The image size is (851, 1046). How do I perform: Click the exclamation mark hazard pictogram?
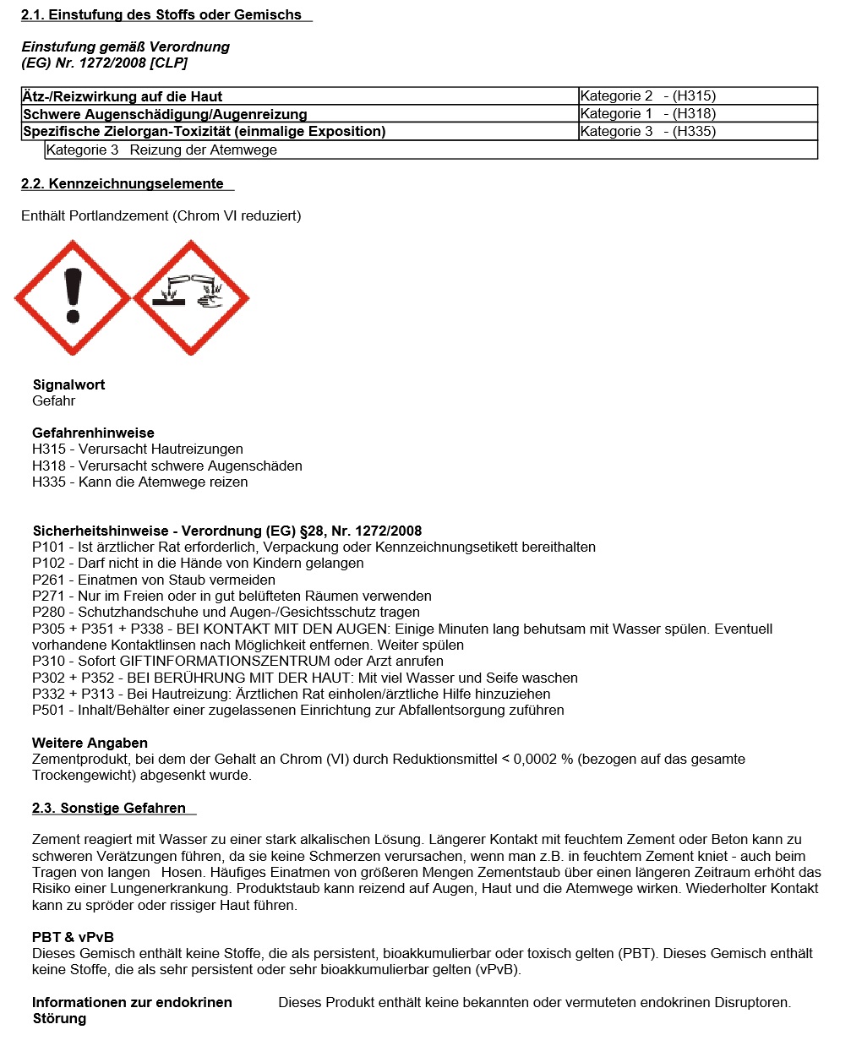tap(73, 297)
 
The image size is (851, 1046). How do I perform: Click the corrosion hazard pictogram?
tap(191, 297)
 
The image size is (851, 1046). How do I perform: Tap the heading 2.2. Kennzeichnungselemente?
tap(123, 183)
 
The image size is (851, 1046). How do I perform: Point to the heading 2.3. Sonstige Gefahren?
tap(109, 808)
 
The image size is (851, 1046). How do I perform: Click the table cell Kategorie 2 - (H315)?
tap(647, 95)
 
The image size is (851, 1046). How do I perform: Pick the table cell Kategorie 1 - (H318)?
tap(647, 113)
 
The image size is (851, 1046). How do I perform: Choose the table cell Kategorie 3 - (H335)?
tap(647, 131)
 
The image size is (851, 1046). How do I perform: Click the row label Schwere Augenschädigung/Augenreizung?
tap(165, 114)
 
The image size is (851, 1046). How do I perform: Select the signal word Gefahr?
tap(54, 400)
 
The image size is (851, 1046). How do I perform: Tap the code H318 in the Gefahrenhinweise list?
tap(49, 466)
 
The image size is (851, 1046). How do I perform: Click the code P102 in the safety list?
tap(49, 563)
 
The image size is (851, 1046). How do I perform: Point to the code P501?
tap(49, 710)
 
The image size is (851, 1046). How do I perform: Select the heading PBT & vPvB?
tap(73, 937)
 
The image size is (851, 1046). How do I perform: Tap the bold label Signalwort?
tap(68, 384)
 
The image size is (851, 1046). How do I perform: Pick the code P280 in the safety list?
tap(49, 612)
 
